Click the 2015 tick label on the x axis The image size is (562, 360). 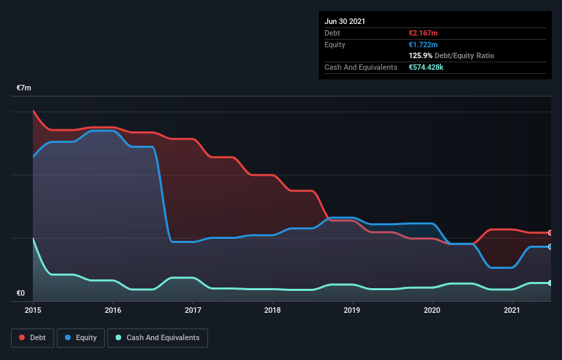click(x=33, y=310)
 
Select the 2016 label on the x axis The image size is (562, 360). click(x=113, y=310)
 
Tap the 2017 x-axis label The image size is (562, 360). click(x=193, y=310)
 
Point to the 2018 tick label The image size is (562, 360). click(x=272, y=310)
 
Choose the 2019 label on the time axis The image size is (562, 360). click(x=353, y=310)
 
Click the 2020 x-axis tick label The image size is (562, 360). click(x=432, y=310)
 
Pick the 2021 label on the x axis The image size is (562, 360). click(x=512, y=310)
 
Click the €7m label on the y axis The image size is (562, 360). click(x=24, y=88)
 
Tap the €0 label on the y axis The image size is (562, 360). click(x=21, y=294)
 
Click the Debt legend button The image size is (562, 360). click(x=31, y=337)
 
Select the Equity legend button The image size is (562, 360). click(x=81, y=337)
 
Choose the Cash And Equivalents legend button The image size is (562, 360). click(x=157, y=337)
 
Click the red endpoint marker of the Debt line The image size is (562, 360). click(x=550, y=233)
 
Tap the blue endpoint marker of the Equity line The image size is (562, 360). click(x=550, y=246)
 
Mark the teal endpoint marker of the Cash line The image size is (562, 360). click(x=550, y=283)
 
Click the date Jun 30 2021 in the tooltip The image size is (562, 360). click(x=345, y=21)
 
